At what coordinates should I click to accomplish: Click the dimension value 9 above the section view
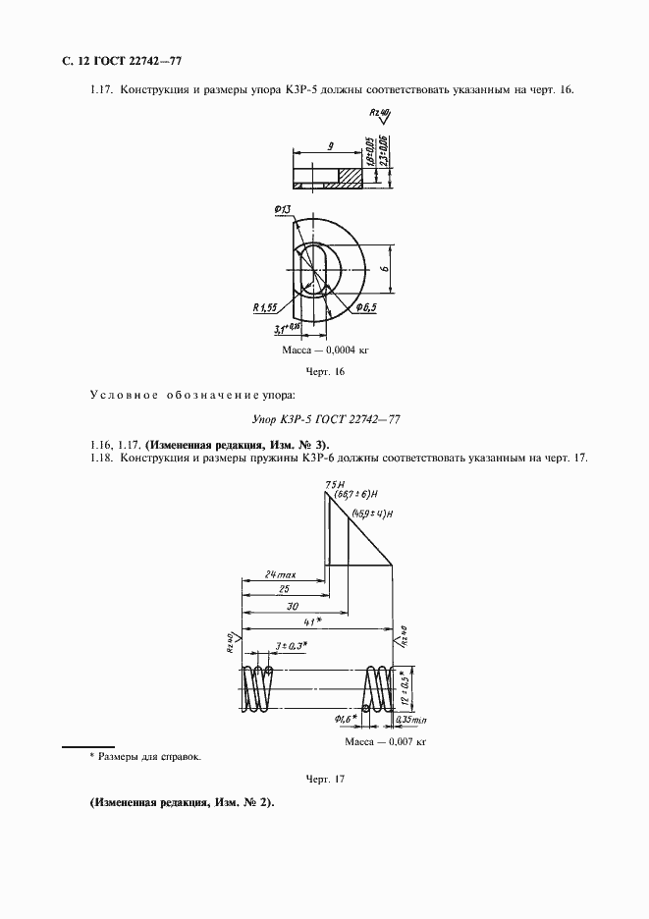[332, 146]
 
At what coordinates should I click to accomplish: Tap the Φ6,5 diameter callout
[367, 308]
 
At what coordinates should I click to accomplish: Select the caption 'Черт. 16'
[325, 373]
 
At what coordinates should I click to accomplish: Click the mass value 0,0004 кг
[325, 350]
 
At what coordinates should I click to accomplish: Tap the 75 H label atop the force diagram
[331, 484]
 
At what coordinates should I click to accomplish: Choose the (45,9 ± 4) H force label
[372, 514]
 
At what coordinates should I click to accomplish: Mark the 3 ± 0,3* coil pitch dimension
[291, 646]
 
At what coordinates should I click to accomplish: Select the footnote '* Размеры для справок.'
[144, 757]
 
